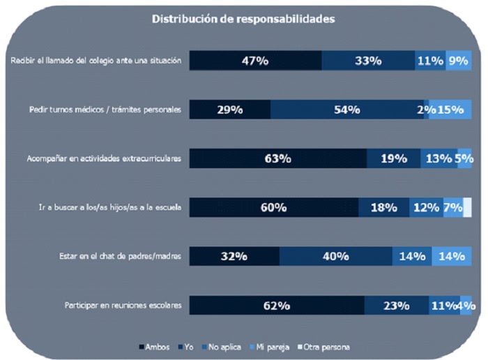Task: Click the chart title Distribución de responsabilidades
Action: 243,19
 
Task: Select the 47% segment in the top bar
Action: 255,61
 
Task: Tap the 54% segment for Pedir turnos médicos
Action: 346,110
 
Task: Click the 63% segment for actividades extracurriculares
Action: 277,158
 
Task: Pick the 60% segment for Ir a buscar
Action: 273,207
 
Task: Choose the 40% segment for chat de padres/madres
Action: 335,256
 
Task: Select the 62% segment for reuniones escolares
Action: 276,305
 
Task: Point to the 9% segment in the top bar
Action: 459,61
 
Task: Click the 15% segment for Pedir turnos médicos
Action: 450,110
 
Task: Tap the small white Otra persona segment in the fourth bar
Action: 467,207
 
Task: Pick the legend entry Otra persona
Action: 323,347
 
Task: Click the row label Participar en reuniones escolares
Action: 123,305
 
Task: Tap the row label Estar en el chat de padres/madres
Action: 120,256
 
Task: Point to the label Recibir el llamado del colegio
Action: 96,61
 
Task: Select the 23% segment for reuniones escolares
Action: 396,305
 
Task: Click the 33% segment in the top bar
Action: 367,61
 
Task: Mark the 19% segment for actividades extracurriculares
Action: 393,158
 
